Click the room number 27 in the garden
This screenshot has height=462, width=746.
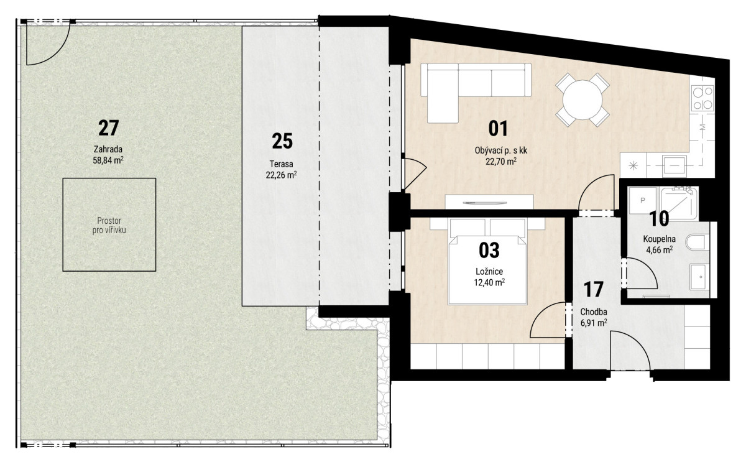coord(109,128)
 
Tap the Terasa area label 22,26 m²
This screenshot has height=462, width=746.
coord(282,175)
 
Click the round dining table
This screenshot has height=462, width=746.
coord(582,99)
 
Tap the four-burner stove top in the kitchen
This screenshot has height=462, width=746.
coord(702,98)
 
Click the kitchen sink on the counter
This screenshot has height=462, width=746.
coord(675,165)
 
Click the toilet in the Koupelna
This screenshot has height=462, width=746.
coord(698,242)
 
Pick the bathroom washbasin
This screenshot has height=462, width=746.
coord(699,277)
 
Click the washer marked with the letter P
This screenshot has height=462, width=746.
coord(643,200)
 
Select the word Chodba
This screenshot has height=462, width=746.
coord(594,312)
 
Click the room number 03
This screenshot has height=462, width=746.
coord(489,250)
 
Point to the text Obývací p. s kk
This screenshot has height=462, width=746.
coord(501,151)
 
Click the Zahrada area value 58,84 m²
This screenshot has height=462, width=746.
coord(108,160)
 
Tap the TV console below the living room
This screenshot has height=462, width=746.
coord(489,202)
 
